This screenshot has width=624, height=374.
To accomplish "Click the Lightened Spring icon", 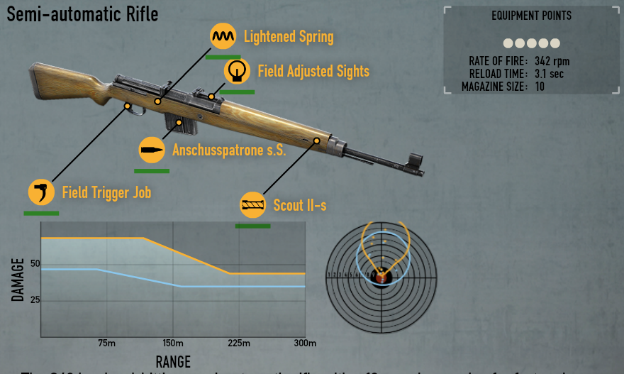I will (x=223, y=35).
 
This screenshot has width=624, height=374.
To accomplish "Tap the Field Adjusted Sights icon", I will (x=237, y=71).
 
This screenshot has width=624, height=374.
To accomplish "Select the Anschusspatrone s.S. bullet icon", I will (x=151, y=150).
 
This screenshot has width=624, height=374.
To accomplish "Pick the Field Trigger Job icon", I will (x=41, y=192).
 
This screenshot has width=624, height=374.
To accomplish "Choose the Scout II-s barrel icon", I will (x=253, y=205).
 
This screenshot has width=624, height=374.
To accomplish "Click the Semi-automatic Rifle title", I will (x=82, y=13).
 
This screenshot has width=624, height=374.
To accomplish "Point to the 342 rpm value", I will (x=552, y=61).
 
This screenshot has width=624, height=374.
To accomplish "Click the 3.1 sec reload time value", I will (x=549, y=74).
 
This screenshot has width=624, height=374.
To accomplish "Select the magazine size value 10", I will (x=540, y=87).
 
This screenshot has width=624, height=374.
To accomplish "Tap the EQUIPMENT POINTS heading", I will (x=531, y=16).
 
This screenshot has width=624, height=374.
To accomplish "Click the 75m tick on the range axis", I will (x=106, y=344).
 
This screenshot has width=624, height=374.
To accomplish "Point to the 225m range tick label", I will (x=239, y=344).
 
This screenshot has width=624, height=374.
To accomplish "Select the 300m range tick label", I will (x=305, y=344).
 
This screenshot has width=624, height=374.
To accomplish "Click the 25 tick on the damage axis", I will (x=35, y=300).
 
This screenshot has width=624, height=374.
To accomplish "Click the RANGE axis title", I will (x=173, y=362).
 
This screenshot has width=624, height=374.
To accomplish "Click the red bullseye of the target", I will (x=381, y=275).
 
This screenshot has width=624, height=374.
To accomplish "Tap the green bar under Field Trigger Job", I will (x=41, y=212).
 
